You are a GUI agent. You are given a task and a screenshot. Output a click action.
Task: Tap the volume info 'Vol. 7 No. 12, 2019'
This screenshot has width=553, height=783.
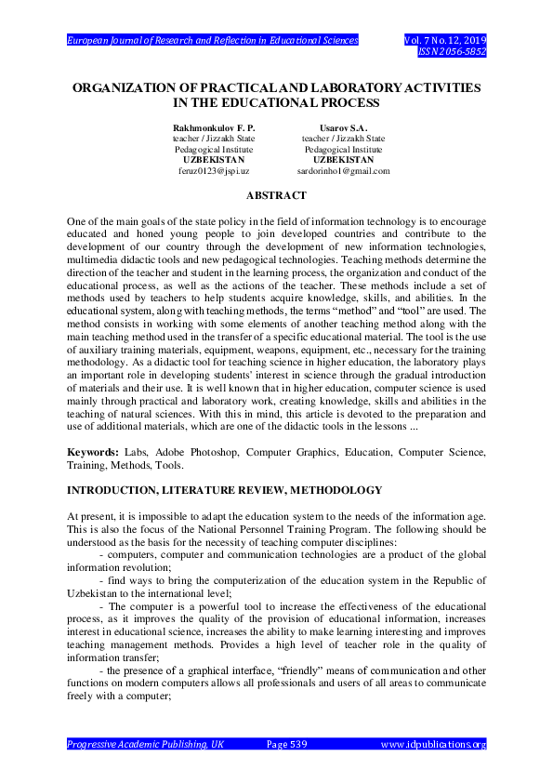coord(445,41)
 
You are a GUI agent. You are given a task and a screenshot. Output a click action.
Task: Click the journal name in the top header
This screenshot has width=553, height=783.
coord(213,41)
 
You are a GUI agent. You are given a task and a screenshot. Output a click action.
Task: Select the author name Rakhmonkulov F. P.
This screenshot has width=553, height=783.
coord(214,126)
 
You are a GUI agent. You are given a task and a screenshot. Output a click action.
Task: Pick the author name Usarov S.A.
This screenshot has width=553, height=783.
coord(343,126)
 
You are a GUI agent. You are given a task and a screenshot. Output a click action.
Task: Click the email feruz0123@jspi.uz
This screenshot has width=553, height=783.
coord(214,171)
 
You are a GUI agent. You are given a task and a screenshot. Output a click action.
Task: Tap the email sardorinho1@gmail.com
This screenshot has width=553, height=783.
coord(343,171)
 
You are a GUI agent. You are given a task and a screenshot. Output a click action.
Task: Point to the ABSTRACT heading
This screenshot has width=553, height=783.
coord(276,195)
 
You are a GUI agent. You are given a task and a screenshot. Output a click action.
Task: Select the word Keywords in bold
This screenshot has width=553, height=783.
coord(91,451)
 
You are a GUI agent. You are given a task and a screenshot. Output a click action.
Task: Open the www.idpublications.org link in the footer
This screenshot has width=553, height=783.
coord(434,745)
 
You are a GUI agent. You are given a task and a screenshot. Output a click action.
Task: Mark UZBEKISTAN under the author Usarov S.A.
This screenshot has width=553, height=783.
coord(343,160)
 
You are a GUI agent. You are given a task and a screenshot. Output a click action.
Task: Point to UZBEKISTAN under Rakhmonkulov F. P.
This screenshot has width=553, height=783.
coord(214,160)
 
